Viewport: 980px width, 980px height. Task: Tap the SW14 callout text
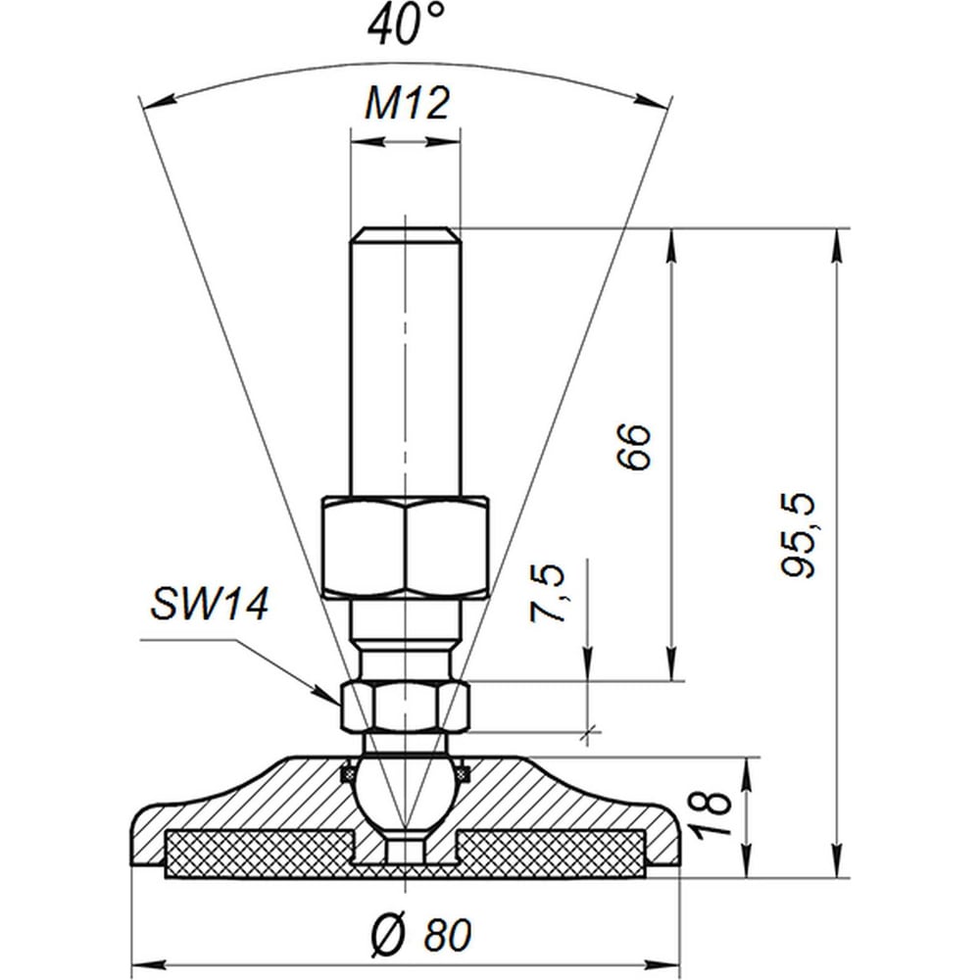pos(210,605)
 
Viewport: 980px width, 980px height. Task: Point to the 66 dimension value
pos(633,446)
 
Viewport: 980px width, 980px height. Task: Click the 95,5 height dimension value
pos(798,535)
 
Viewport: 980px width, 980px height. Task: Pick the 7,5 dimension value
pos(547,593)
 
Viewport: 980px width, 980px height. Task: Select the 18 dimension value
pos(712,813)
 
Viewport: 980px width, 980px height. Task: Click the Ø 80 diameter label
pos(421,935)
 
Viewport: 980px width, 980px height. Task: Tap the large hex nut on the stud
pos(406,548)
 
